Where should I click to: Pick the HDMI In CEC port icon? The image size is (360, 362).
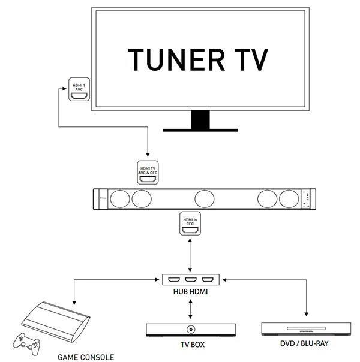[x=191, y=224]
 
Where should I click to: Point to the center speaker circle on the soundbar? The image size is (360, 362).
[x=204, y=198]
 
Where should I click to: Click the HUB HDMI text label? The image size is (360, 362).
[x=190, y=292]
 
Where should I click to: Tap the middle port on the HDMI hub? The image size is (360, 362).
[x=191, y=280]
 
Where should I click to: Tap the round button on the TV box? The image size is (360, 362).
[x=190, y=330]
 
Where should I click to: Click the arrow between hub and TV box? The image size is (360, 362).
[x=191, y=309]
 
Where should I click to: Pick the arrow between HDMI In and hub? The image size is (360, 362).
[x=191, y=255]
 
